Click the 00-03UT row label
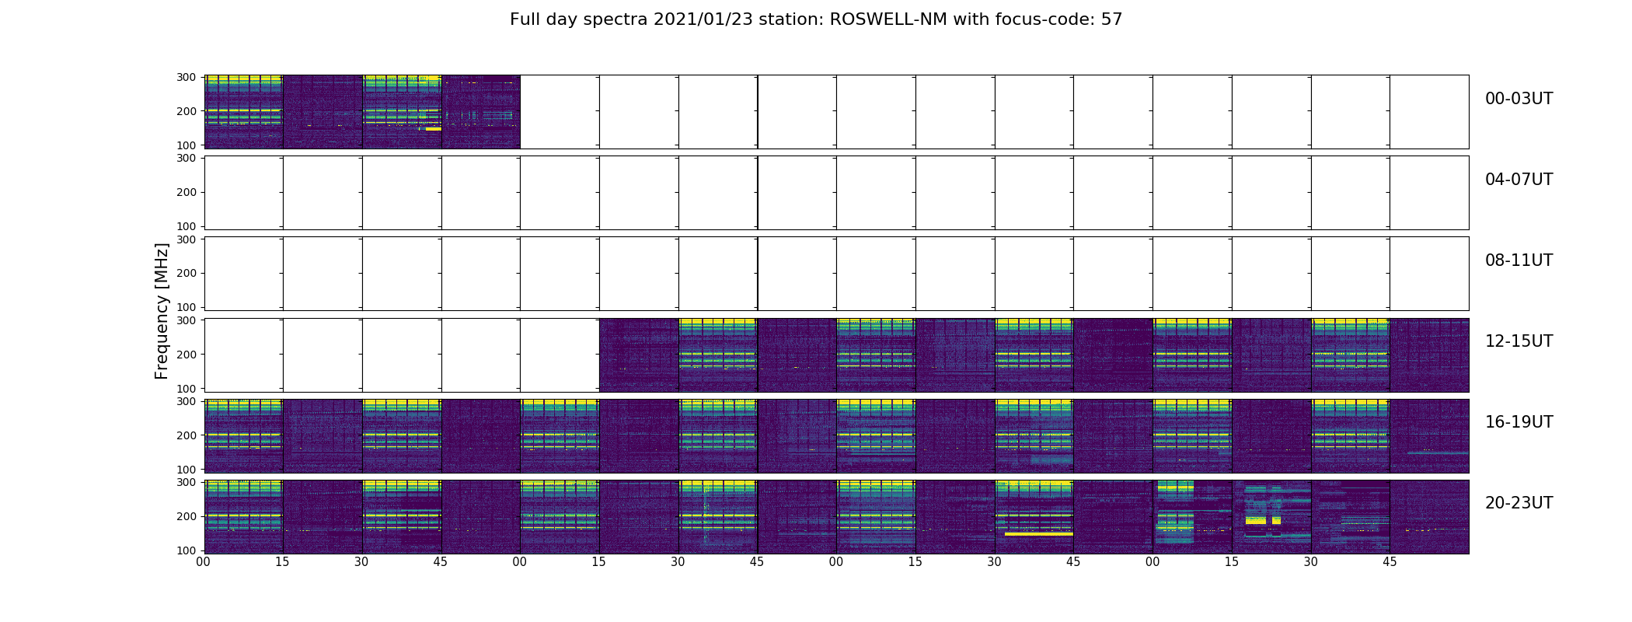(1519, 99)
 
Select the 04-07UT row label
(1519, 180)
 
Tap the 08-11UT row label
(1519, 260)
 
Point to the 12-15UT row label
(1519, 341)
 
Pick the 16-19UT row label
(1519, 422)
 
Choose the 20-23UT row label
(1519, 503)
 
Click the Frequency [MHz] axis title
(162, 311)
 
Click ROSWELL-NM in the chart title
(888, 19)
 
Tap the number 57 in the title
(1111, 19)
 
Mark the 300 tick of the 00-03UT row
(186, 77)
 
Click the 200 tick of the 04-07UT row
(186, 192)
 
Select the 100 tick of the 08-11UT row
(186, 307)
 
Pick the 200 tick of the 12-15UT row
(186, 354)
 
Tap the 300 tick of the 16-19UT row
(186, 401)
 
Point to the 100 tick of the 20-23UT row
(186, 550)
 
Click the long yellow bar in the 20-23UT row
(1038, 534)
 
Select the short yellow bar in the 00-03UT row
(433, 128)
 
